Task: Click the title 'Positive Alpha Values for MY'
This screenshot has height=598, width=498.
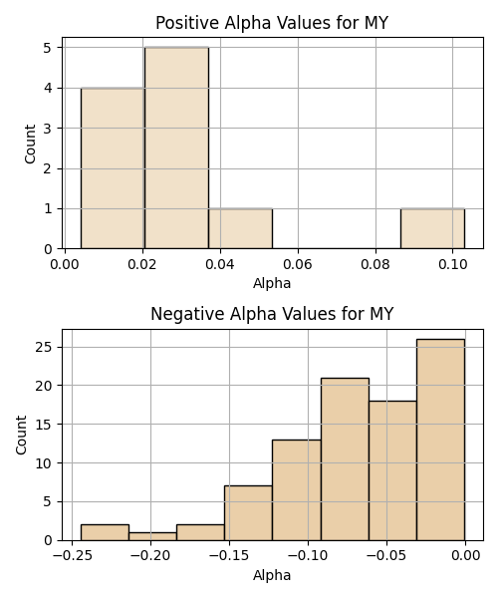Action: [272, 23]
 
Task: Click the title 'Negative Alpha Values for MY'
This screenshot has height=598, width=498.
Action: [272, 314]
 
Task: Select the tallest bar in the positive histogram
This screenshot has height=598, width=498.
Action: [177, 148]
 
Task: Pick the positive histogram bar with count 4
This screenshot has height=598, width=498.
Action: [113, 168]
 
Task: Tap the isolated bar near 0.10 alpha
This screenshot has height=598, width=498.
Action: [432, 228]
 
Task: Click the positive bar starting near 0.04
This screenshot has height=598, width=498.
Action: [240, 228]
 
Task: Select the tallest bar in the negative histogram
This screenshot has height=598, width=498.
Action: [440, 440]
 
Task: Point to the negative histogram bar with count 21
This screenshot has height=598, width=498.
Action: [345, 459]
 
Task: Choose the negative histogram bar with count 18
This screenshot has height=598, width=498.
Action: [392, 470]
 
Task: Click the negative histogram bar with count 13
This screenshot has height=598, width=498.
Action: [297, 490]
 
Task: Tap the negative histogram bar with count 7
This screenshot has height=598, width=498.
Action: [248, 513]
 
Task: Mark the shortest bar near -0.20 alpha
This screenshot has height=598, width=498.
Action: [152, 536]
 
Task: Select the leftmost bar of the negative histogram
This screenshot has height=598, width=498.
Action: [105, 532]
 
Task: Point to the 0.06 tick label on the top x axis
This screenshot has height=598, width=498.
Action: [298, 264]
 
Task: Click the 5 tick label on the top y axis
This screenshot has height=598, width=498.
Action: [48, 48]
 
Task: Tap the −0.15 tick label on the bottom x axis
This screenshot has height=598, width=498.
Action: [229, 556]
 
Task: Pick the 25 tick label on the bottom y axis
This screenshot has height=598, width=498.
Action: [44, 348]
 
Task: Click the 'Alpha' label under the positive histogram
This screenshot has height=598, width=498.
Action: [272, 283]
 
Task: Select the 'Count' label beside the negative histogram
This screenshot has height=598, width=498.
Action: [21, 435]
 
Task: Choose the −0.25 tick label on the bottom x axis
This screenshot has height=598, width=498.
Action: [72, 556]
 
